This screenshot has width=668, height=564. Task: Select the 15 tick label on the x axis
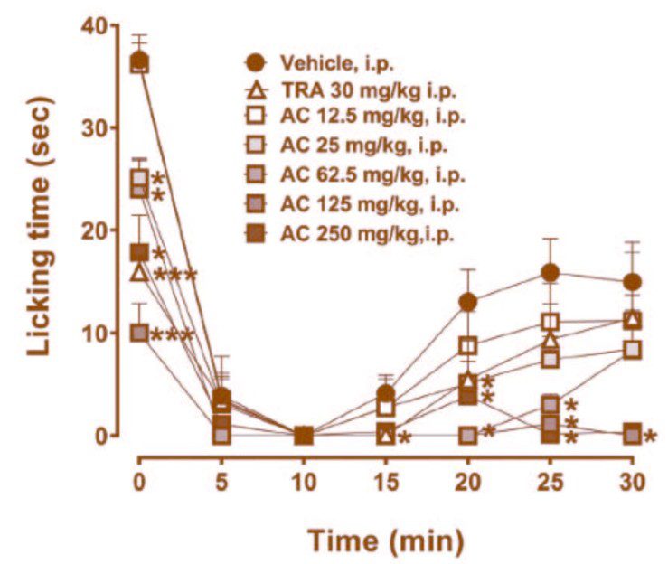point(386,478)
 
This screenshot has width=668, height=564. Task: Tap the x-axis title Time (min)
point(386,540)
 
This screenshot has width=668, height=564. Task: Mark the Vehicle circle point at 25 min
point(550,272)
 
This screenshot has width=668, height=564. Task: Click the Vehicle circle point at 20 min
point(468,301)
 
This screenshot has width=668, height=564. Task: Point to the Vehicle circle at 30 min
point(632,282)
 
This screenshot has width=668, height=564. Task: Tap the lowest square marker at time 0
point(139,333)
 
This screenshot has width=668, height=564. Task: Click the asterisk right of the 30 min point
point(651,437)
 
